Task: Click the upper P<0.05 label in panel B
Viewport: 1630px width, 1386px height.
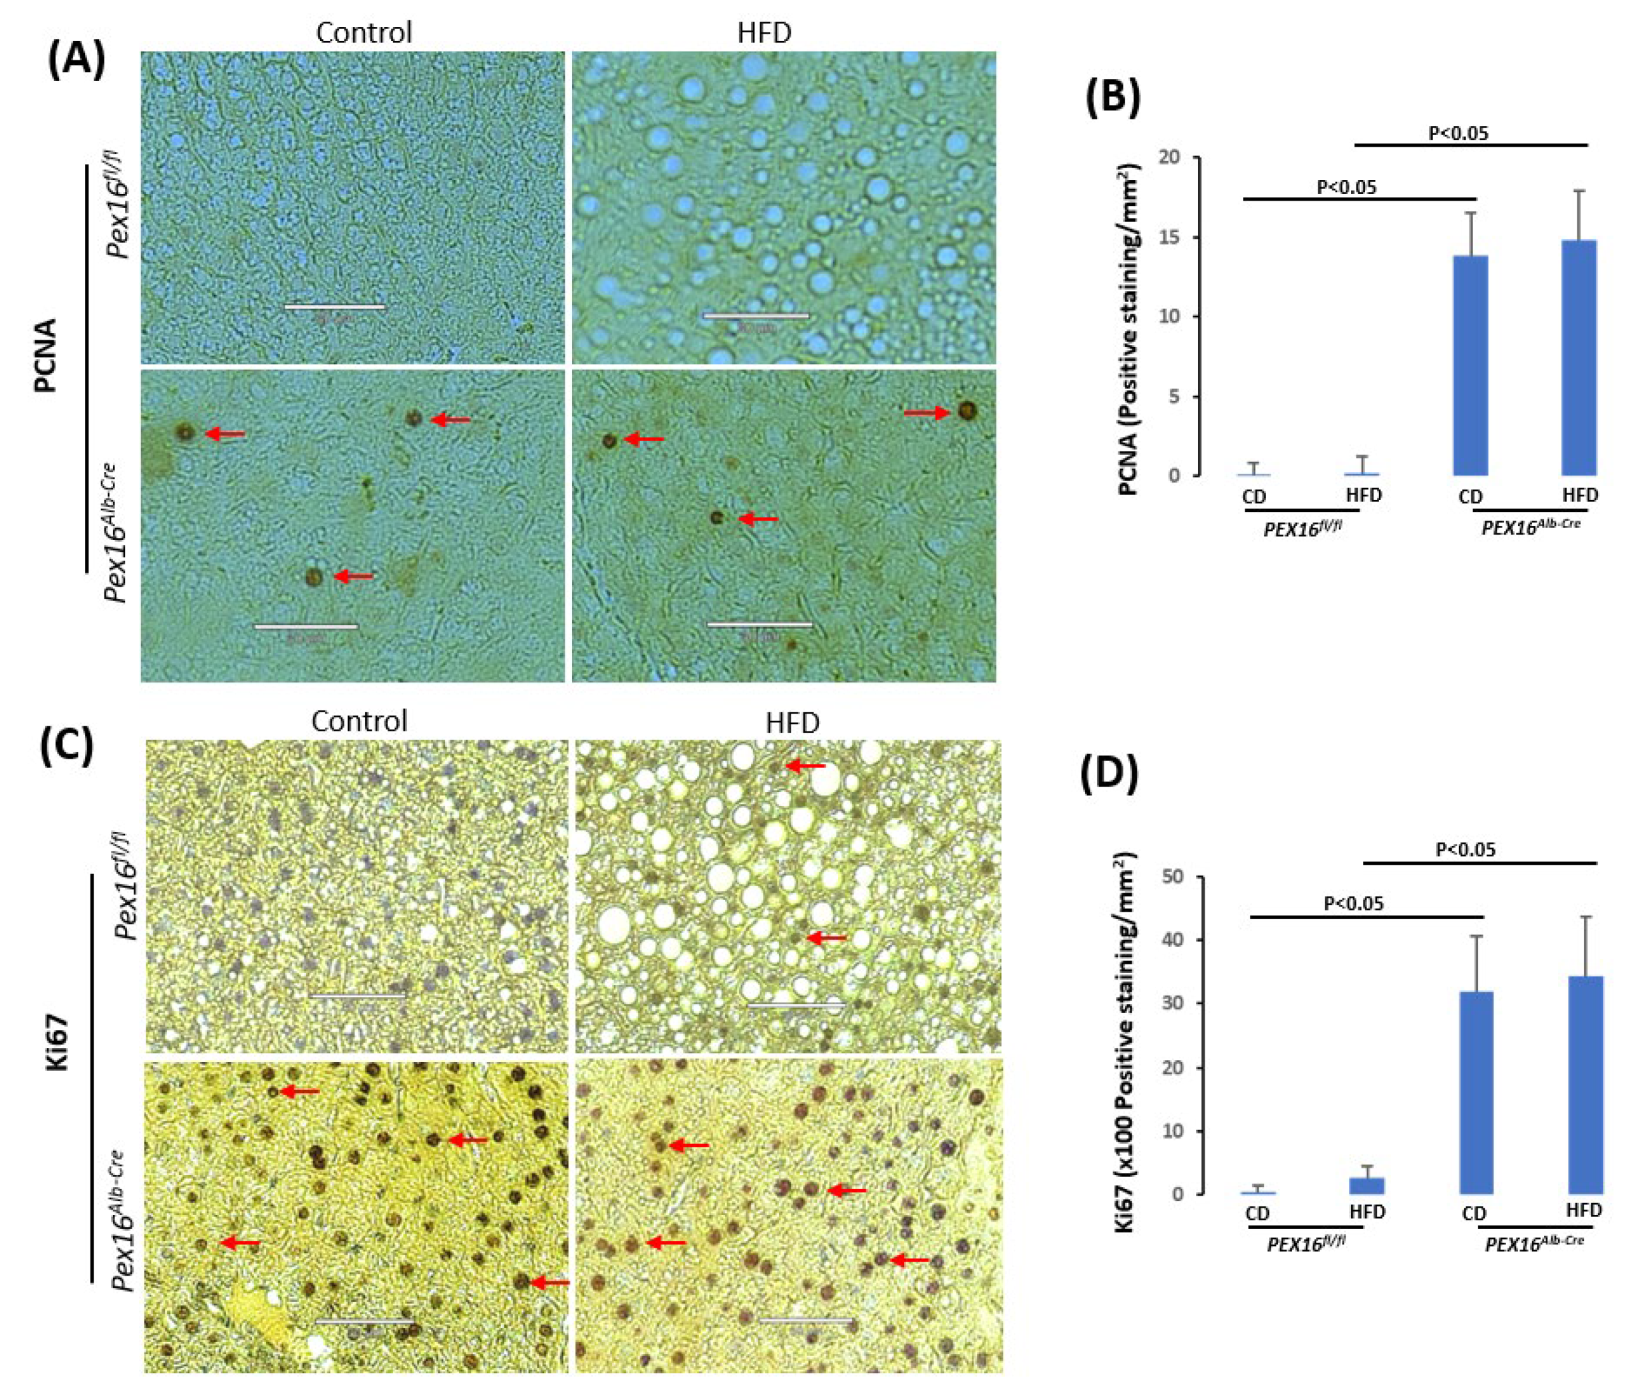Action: (x=1458, y=133)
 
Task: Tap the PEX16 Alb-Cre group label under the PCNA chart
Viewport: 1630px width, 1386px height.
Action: (x=1530, y=527)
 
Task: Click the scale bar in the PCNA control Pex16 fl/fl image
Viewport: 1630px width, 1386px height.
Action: (x=334, y=306)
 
